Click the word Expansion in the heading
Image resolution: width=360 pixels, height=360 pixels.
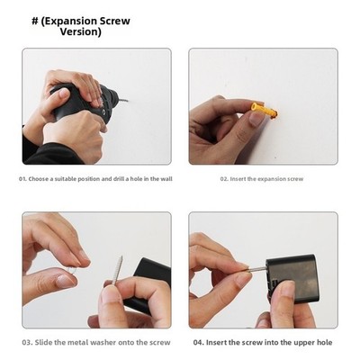coord(67,22)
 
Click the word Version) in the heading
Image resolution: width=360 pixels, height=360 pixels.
coord(81,31)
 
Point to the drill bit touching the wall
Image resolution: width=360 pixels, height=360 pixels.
coord(123,101)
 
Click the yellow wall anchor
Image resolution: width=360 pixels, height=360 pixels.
coord(264,110)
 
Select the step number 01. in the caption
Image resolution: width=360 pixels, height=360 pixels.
coord(22,179)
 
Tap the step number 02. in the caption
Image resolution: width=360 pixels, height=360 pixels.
coord(224,179)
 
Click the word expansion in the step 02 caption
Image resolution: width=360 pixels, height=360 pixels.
coord(272,179)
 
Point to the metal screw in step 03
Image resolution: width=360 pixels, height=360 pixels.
coord(118,270)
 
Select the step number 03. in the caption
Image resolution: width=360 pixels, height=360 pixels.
coord(27,342)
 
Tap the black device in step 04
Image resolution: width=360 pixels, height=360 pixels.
coord(292,278)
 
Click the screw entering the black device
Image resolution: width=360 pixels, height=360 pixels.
coord(256,269)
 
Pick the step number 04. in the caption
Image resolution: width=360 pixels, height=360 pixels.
coord(199,342)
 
